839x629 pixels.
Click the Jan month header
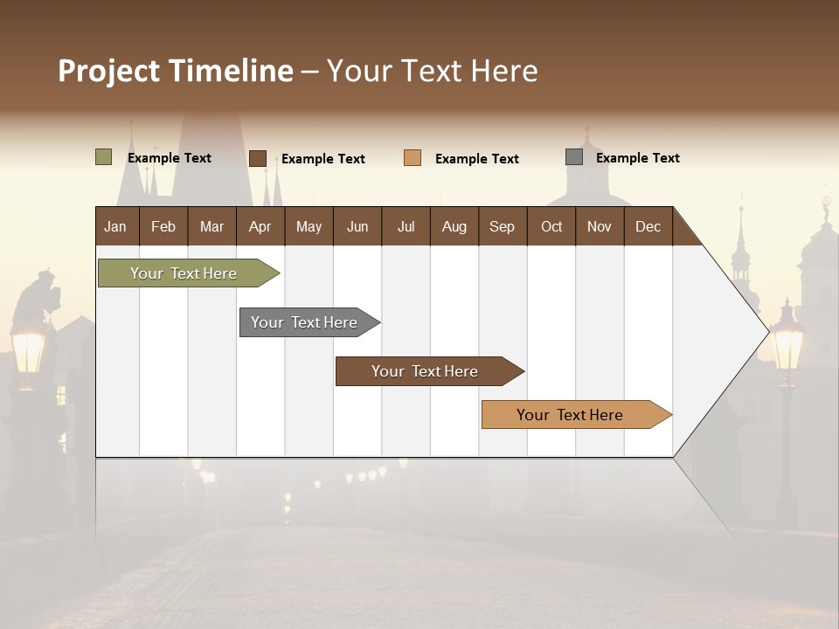[x=115, y=226]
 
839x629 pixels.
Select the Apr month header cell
[x=260, y=226]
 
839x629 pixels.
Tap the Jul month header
[x=406, y=226]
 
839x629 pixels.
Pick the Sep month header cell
[x=502, y=226]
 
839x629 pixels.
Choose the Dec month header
[x=648, y=226]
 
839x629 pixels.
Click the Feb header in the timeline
[x=163, y=226]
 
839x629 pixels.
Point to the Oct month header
[x=551, y=226]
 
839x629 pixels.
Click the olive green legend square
[x=104, y=157]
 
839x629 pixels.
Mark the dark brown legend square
[x=258, y=158]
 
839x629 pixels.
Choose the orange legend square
[x=413, y=158]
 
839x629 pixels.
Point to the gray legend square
[x=574, y=157]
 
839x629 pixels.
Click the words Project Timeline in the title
[x=176, y=71]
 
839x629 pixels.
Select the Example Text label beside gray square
[x=637, y=158]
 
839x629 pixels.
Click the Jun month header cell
[x=357, y=226]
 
